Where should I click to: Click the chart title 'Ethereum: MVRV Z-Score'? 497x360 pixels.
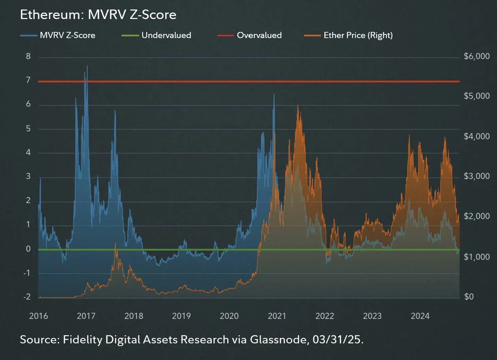98,15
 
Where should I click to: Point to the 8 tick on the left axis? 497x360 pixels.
28,56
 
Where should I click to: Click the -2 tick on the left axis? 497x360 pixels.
27,297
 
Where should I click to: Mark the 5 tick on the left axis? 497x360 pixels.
28,129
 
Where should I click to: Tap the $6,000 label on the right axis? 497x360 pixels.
477,56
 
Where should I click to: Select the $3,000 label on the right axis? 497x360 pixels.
477,176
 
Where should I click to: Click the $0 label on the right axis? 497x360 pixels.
469,297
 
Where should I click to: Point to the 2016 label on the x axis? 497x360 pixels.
38,316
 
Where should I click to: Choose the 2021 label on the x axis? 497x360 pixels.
277,316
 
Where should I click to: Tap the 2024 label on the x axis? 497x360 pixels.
420,316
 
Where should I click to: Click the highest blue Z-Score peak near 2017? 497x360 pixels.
87,66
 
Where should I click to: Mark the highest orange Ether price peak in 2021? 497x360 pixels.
298,106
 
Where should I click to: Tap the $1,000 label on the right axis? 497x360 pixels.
477,257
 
